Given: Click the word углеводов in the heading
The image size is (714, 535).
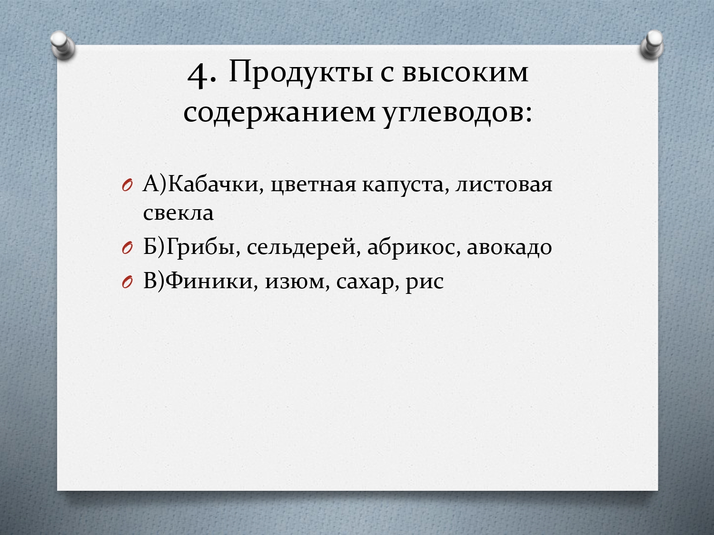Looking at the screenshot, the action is [457, 114].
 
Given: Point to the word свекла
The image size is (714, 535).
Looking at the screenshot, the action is [178, 214].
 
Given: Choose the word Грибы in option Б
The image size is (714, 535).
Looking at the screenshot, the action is [203, 247].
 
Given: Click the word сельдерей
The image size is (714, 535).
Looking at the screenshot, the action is [304, 247].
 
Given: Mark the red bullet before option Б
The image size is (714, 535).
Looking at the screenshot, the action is [127, 249].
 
